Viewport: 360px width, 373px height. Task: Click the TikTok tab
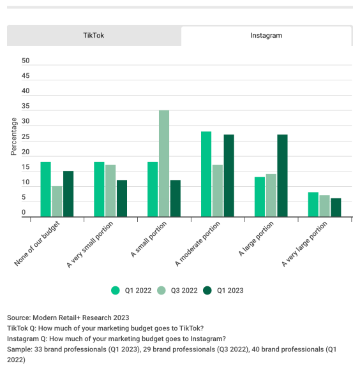[x=94, y=36]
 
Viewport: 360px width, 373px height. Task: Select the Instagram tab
[x=266, y=36]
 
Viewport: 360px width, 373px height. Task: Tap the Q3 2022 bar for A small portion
[x=164, y=163]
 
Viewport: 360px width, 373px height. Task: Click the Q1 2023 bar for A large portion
[x=282, y=175]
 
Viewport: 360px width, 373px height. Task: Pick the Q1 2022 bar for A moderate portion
[x=206, y=174]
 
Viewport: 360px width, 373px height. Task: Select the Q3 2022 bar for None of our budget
[x=57, y=201]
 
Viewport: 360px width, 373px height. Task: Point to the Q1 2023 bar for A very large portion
[x=336, y=207]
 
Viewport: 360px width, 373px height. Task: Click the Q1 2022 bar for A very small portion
[x=100, y=189]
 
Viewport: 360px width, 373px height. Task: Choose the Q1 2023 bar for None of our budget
[x=68, y=194]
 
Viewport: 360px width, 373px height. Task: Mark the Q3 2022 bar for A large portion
[x=271, y=195]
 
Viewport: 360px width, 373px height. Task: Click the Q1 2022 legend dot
[x=116, y=291]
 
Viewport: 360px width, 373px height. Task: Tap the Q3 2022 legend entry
[x=177, y=291]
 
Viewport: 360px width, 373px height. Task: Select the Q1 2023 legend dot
[x=207, y=291]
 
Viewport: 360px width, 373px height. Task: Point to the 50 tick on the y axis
[x=26, y=61]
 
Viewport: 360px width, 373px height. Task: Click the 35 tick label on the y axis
[x=26, y=106]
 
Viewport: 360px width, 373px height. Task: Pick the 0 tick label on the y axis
[x=24, y=212]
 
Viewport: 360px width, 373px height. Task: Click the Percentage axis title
[x=14, y=136]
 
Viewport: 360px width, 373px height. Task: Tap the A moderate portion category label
[x=198, y=244]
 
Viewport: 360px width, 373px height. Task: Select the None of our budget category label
[x=37, y=244]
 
